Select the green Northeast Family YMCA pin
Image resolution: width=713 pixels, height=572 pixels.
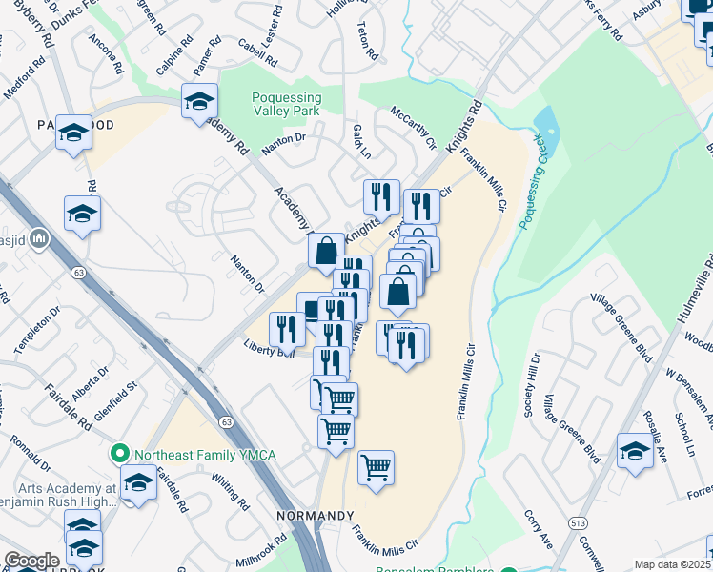(x=119, y=454)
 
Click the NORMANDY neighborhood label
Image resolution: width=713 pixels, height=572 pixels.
(x=316, y=516)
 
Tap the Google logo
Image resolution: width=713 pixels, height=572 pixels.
(x=31, y=561)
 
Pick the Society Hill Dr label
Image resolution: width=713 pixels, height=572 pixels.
(x=532, y=385)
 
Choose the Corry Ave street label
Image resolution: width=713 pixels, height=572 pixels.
(x=538, y=527)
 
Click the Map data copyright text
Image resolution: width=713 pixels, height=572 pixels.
(x=673, y=564)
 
